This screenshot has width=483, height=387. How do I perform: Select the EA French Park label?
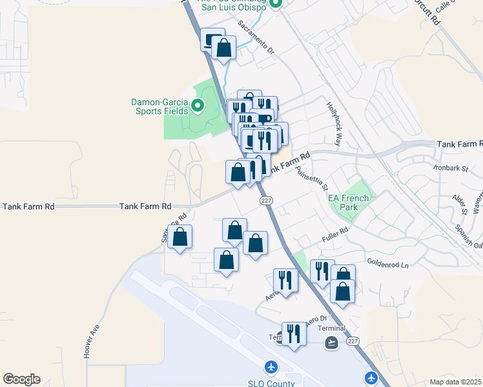[x=348, y=203]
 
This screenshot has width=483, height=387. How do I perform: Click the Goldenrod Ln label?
[x=388, y=264]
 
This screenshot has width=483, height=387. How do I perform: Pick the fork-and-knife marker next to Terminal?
[x=294, y=334]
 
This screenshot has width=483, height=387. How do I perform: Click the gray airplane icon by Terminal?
[x=332, y=342]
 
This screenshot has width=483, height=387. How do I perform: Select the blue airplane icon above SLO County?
[x=271, y=367]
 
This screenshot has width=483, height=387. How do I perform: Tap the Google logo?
[x=21, y=379]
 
